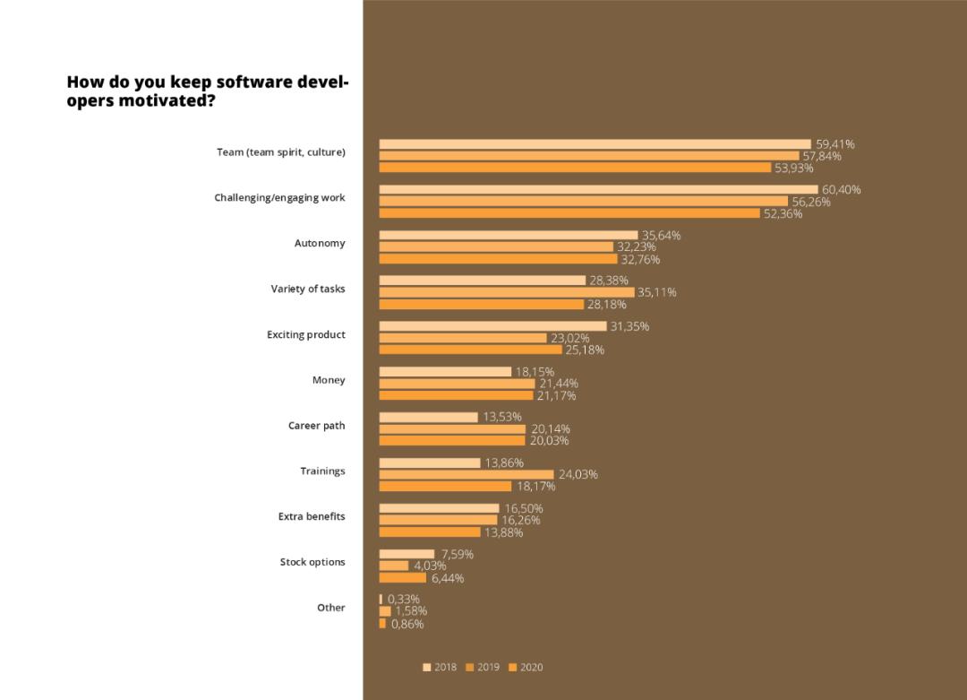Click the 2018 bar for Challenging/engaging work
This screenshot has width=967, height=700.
[x=598, y=189]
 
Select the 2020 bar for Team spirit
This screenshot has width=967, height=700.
[x=575, y=168]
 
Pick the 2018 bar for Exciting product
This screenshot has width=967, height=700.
[x=492, y=326]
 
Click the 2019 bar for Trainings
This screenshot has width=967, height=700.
[x=466, y=474]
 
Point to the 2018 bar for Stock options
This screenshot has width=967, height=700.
[x=406, y=554]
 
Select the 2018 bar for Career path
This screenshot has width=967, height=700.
[x=428, y=417]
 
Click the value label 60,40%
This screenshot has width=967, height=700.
[x=842, y=189]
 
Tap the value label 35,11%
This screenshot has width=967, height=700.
[x=657, y=292]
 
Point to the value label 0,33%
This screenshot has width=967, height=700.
[x=404, y=599]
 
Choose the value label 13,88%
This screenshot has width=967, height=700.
[x=503, y=532]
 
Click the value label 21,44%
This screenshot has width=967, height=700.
[x=558, y=384]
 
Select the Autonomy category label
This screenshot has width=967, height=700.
[x=320, y=243]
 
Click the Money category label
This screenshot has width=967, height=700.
[x=329, y=380]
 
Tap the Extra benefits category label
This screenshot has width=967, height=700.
[x=312, y=516]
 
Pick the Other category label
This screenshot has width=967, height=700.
[x=330, y=607]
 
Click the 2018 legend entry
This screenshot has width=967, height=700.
[x=440, y=667]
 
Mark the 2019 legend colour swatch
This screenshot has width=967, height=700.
[x=469, y=667]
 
